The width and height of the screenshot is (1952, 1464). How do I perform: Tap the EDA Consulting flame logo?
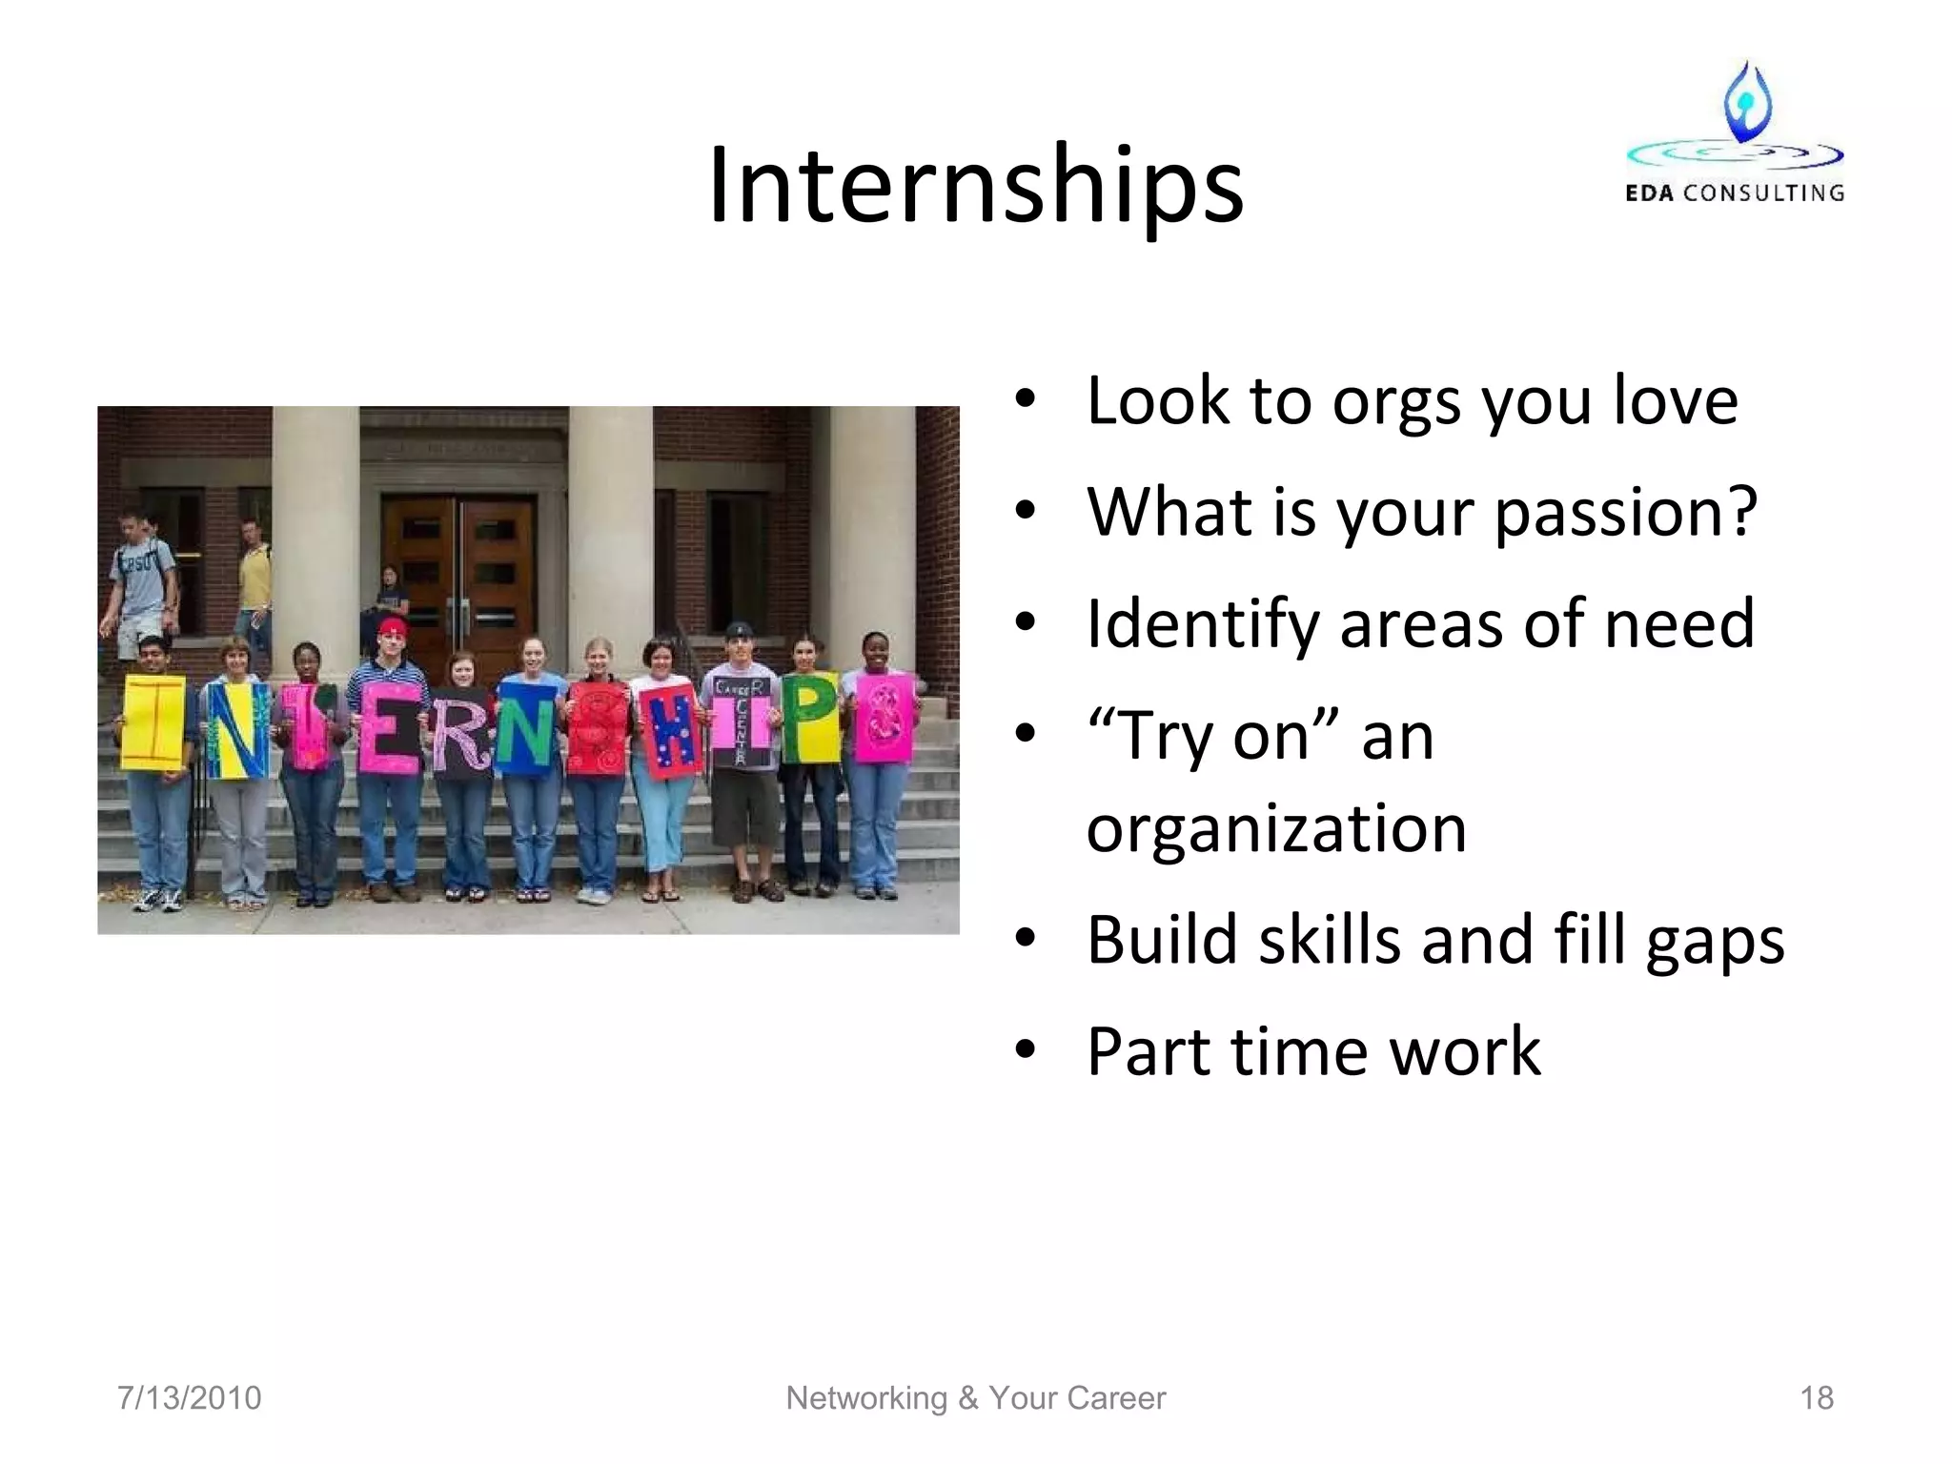click(x=1746, y=103)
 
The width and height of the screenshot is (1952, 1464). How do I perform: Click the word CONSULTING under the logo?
click(x=1763, y=193)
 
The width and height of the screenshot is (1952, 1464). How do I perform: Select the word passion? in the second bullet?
click(x=1624, y=513)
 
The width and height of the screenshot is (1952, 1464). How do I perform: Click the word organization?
click(x=1275, y=828)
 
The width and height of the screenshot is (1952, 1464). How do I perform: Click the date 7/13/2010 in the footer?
click(x=189, y=1398)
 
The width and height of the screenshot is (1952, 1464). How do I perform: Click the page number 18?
click(x=1816, y=1398)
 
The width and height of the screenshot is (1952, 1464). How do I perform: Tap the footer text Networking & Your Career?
click(x=975, y=1398)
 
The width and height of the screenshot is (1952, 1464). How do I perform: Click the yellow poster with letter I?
click(x=153, y=722)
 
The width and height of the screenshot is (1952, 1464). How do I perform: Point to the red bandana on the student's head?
click(x=392, y=627)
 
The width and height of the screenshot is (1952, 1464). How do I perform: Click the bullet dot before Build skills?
click(x=1025, y=939)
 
